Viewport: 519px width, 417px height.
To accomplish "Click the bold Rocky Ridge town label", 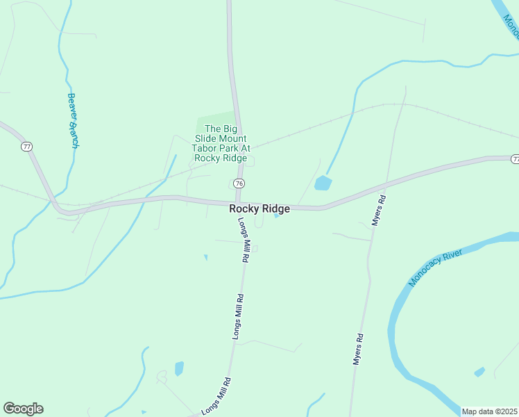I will click(x=259, y=208).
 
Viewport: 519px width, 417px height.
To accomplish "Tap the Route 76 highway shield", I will click(x=239, y=183).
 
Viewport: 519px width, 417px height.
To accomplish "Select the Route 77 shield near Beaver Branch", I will click(x=26, y=147).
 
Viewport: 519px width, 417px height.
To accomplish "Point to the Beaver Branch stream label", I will click(x=72, y=120).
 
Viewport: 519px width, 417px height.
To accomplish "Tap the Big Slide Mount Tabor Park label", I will click(x=222, y=143).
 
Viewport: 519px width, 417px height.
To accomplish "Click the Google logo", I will click(x=23, y=409).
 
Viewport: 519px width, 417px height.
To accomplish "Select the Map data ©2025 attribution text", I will click(x=489, y=411).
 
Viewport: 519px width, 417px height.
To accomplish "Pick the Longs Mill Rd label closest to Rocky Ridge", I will click(x=244, y=240).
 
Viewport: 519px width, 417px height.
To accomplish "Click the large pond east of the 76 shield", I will click(x=323, y=183).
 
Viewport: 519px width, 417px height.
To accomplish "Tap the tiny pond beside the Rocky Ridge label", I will click(x=277, y=215).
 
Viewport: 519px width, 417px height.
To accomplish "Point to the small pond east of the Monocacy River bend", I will click(x=479, y=372).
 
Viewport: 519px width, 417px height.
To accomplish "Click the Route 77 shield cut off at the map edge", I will click(x=515, y=159).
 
